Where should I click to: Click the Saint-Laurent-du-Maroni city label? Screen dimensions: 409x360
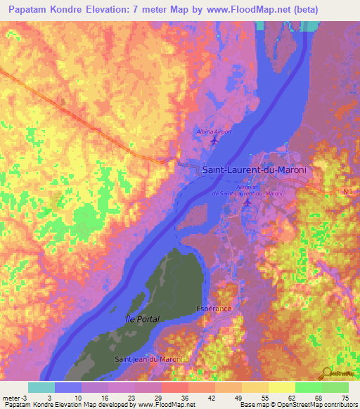tap(255, 169)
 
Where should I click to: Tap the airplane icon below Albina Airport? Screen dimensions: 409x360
tap(214, 142)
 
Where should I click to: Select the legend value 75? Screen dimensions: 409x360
tap(344, 397)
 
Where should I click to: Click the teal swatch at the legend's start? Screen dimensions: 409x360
tap(41, 387)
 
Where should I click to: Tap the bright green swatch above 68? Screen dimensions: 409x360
tap(308, 387)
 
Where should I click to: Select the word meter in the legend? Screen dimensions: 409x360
tap(12, 397)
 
